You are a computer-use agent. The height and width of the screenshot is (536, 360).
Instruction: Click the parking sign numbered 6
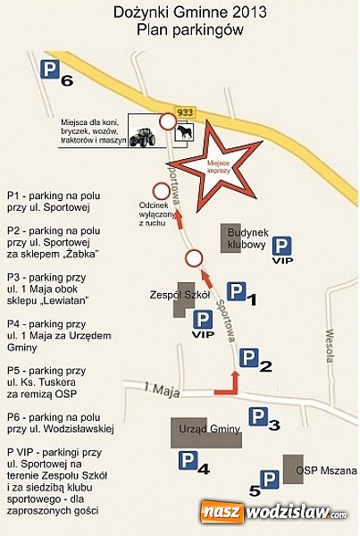click(x=50, y=70)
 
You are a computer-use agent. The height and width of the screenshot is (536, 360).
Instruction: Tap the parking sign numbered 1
click(x=236, y=291)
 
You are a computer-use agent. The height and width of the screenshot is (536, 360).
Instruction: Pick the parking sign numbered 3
click(x=258, y=416)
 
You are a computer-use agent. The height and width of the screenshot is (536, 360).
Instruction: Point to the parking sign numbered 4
click(x=188, y=460)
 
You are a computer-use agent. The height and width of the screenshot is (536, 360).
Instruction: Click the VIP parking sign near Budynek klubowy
click(x=283, y=247)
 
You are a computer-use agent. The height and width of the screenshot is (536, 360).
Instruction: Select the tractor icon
click(x=142, y=137)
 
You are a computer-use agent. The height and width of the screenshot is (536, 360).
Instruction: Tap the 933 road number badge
click(x=185, y=112)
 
